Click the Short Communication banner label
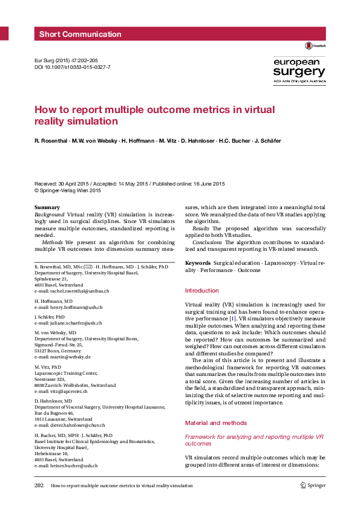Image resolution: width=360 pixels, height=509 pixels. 80,34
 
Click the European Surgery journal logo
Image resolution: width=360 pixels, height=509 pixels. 299,71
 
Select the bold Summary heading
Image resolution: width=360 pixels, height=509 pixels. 47,208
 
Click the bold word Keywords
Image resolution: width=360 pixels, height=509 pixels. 197,263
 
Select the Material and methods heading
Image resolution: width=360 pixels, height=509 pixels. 215,423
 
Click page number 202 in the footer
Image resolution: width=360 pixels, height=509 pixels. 39,485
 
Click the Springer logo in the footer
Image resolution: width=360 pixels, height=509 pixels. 313,485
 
